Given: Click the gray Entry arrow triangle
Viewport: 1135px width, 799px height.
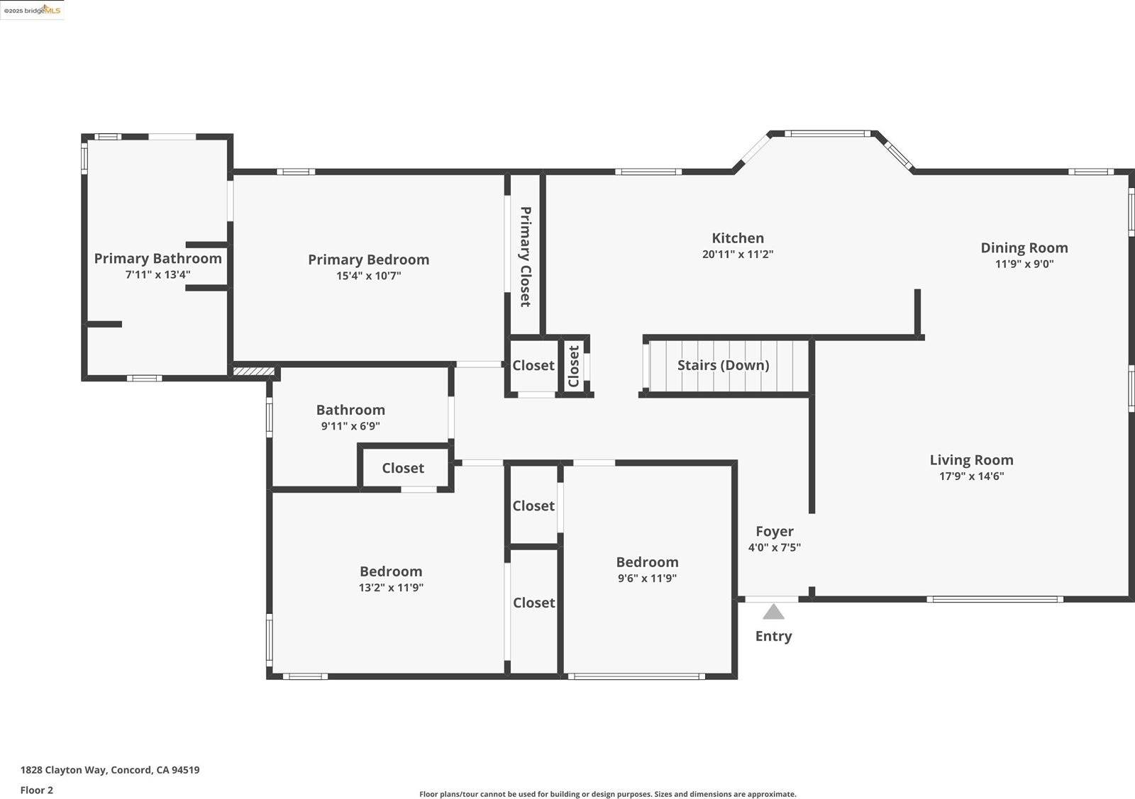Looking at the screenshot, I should point(773,612).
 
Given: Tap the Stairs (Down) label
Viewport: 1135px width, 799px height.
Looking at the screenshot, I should point(723,365).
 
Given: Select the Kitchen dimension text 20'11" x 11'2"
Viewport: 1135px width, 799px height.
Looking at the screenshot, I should point(737,255).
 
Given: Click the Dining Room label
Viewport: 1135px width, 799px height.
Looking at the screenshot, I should point(1024,247).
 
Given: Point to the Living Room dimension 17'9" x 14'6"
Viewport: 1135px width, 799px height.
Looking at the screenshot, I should point(971,476).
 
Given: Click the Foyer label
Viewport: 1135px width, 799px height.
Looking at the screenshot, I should point(774,531).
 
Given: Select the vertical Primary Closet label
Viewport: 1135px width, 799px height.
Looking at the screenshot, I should point(526,257).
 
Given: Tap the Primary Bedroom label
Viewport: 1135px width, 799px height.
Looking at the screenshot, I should point(368,259).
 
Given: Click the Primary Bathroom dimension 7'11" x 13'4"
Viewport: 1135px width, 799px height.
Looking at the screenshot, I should point(157,275).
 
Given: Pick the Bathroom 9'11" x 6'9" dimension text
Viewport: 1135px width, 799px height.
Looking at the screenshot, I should point(350,426).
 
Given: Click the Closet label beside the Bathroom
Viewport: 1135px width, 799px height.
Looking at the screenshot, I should point(403,468).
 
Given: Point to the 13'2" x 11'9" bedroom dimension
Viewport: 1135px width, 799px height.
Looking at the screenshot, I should point(391,588).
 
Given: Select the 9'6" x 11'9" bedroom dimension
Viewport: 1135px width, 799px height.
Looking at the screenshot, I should point(647,579).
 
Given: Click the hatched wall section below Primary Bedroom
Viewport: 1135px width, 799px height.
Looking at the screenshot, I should point(253,371).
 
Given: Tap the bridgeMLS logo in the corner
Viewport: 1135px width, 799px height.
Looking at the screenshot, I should point(32,10).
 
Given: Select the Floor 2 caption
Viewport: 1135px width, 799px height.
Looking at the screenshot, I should point(37,790).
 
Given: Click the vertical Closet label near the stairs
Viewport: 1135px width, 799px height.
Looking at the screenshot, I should point(574,366).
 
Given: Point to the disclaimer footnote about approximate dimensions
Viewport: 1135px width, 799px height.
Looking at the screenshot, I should point(607,794).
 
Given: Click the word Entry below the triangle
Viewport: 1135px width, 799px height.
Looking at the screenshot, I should point(773,636).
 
